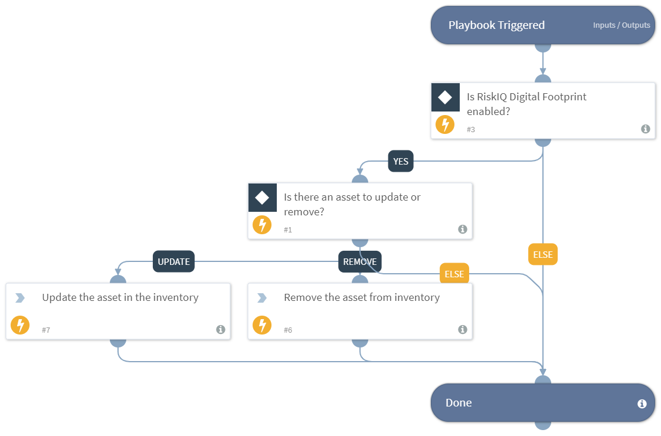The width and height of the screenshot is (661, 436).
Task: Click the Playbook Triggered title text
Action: (496, 25)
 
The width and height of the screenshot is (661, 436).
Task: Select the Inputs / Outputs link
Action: (621, 25)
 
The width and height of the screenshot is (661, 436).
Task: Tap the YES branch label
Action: (401, 162)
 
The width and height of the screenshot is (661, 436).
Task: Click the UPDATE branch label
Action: (174, 262)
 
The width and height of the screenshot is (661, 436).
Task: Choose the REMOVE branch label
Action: (360, 262)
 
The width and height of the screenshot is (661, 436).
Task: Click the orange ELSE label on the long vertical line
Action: (542, 255)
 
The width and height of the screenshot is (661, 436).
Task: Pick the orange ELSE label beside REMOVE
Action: (454, 274)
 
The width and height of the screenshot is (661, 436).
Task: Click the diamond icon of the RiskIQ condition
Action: (445, 97)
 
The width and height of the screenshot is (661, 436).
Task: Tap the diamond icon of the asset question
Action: (262, 198)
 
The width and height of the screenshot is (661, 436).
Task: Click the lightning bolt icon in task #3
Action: (445, 124)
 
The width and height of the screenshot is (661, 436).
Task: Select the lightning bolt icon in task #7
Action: (20, 325)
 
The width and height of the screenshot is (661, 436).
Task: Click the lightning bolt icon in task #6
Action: (262, 325)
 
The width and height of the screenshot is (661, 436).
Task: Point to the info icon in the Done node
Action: (642, 404)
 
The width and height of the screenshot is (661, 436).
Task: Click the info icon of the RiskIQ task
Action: (646, 129)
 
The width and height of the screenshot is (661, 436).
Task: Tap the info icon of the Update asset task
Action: (221, 330)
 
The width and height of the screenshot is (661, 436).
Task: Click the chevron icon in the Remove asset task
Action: (262, 299)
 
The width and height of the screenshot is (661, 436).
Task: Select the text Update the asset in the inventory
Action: (120, 297)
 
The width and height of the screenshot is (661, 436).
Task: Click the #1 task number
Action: (288, 230)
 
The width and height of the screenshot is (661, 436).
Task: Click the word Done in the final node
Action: (459, 403)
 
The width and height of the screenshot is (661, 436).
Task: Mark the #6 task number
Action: (288, 330)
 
